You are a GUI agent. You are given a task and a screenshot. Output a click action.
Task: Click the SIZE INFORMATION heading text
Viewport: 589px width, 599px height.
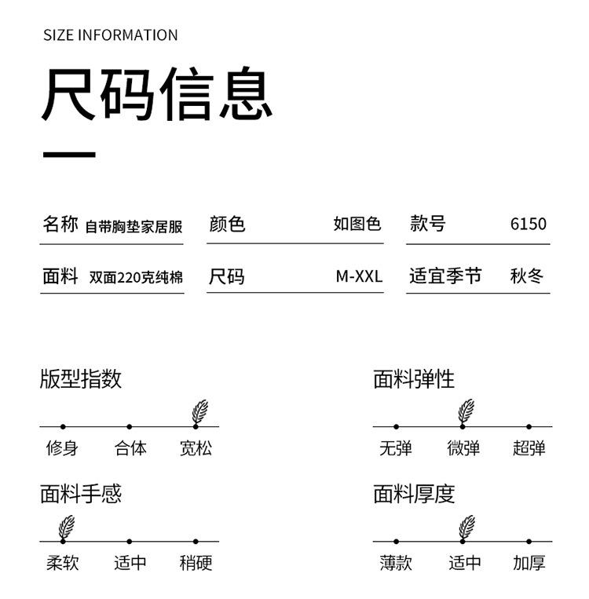110,35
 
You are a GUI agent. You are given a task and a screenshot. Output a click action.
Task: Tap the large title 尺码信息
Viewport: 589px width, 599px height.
157,95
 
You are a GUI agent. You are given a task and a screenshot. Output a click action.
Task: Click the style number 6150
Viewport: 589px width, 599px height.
528,224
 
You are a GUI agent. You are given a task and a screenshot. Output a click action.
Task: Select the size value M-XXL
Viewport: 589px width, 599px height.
359,276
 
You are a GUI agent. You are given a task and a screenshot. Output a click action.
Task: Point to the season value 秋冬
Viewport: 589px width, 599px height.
527,276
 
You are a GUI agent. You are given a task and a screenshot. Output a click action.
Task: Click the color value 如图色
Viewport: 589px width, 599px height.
357,224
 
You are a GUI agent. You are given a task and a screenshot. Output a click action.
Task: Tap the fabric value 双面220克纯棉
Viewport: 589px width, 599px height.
136,277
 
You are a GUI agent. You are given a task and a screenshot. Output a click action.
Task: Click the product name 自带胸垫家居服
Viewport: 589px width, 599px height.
134,226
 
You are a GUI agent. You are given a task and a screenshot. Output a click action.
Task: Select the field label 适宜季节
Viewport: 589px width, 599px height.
445,276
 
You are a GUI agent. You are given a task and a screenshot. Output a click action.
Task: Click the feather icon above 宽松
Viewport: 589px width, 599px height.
200,411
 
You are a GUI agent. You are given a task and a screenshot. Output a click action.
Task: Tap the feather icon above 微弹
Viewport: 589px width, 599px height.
466,411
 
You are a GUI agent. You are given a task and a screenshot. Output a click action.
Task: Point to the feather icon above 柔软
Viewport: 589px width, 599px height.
67,526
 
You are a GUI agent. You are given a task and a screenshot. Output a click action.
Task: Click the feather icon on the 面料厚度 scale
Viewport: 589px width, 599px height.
466,526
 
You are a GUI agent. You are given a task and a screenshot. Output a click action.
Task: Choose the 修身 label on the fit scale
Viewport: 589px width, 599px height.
62,448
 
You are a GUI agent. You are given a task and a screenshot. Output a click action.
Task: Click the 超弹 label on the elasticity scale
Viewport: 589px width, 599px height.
529,448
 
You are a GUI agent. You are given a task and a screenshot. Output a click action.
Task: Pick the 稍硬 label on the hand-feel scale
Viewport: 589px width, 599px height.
196,563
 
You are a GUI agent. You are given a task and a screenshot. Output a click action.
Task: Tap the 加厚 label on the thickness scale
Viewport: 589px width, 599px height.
529,563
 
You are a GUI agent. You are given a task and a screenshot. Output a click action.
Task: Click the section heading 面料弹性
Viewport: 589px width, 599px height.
414,380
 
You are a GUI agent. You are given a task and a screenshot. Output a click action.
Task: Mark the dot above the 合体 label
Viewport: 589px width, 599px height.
130,426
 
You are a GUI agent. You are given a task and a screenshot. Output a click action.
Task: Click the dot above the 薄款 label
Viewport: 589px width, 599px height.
396,541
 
